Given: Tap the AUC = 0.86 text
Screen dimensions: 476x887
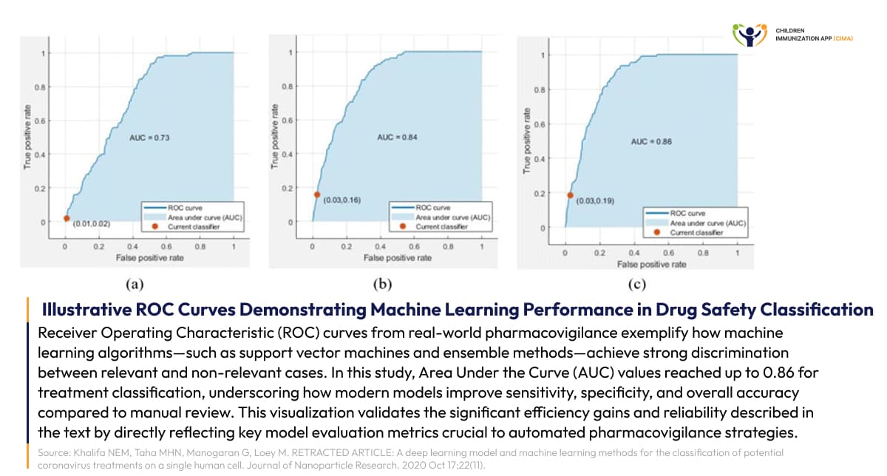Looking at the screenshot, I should coord(651,141).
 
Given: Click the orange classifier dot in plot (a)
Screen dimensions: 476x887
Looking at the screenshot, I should coord(66,218).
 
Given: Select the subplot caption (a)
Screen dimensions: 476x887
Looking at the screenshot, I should coord(135,283).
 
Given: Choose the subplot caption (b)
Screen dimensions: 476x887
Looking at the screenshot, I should coord(384,283).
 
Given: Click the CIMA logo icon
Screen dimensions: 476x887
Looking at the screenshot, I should coord(750,34).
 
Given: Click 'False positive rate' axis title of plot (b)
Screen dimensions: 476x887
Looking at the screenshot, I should coord(397,258).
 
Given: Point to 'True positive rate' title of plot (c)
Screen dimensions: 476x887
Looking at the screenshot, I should coord(528,141).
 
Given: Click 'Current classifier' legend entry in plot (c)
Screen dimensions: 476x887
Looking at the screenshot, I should coord(696,232).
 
